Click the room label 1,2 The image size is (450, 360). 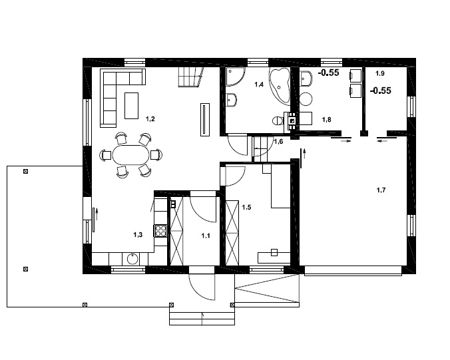(150, 119)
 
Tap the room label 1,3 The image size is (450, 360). (138, 235)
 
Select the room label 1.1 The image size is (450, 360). (206, 235)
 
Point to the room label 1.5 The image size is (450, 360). (246, 208)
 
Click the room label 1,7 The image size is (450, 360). (381, 190)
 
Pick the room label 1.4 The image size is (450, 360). (259, 85)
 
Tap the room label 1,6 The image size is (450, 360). (278, 142)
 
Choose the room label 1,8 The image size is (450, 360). (327, 120)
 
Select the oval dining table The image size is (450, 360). (131, 156)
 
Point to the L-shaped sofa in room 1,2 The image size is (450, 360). (113, 90)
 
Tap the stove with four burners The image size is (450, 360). (160, 231)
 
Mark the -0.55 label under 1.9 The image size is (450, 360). (380, 91)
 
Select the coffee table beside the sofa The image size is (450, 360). (132, 104)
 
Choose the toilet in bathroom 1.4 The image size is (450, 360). (278, 120)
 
